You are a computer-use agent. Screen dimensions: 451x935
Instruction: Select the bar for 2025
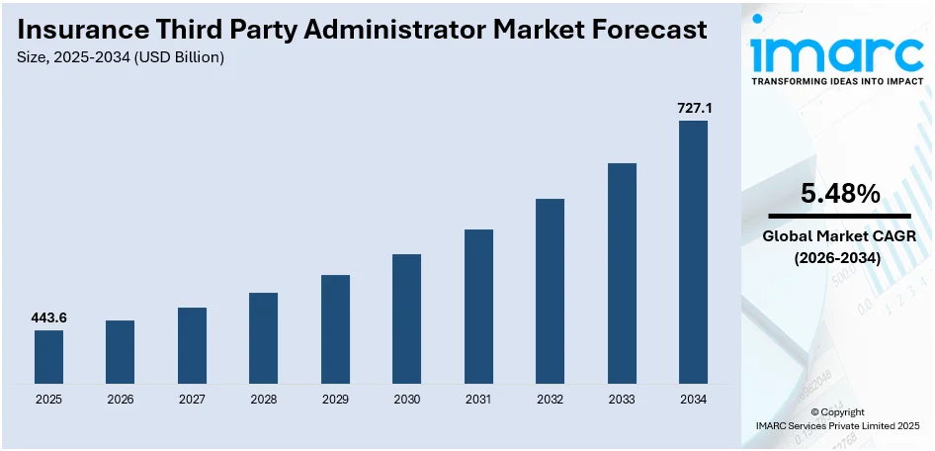coord(48,356)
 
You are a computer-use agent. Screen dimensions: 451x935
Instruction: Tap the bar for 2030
coord(406,318)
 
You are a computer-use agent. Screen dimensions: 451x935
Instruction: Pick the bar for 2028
coord(263,337)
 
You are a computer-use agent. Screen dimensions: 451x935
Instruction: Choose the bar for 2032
coord(550,291)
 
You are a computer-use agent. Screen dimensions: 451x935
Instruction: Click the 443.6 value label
coord(48,317)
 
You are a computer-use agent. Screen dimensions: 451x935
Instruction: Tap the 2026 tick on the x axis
coord(120,400)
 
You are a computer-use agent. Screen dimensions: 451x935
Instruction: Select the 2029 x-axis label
coord(335,400)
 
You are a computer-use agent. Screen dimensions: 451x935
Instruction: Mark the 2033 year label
coord(621,400)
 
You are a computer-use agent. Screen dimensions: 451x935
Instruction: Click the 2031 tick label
coord(478,400)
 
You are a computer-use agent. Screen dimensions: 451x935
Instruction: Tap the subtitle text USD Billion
coord(172,57)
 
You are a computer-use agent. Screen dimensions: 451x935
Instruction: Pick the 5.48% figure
coord(839,195)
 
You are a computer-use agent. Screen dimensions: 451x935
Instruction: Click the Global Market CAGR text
coord(839,236)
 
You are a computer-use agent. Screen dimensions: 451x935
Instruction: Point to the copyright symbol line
coord(837,412)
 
